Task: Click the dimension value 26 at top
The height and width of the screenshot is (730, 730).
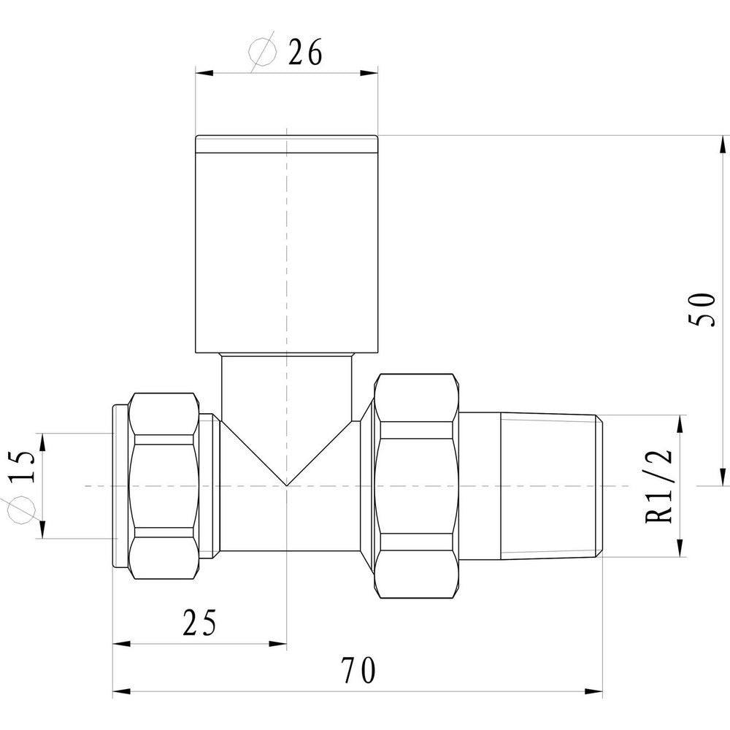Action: pyautogui.click(x=304, y=53)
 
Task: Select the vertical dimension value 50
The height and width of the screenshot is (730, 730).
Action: pyautogui.click(x=701, y=310)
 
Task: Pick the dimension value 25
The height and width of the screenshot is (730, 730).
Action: pyautogui.click(x=199, y=624)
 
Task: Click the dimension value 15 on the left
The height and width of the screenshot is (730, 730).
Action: pyautogui.click(x=22, y=466)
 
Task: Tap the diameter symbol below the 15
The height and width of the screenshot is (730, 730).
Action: pyautogui.click(x=13, y=512)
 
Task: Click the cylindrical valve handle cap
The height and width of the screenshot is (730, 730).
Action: pyautogui.click(x=286, y=245)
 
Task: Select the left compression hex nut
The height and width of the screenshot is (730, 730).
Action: pyautogui.click(x=164, y=485)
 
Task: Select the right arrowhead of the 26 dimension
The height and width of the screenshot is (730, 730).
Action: pyautogui.click(x=372, y=72)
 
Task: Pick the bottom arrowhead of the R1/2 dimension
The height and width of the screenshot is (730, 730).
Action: pyautogui.click(x=680, y=551)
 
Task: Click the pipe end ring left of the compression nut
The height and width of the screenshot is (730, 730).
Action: pyautogui.click(x=117, y=485)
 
